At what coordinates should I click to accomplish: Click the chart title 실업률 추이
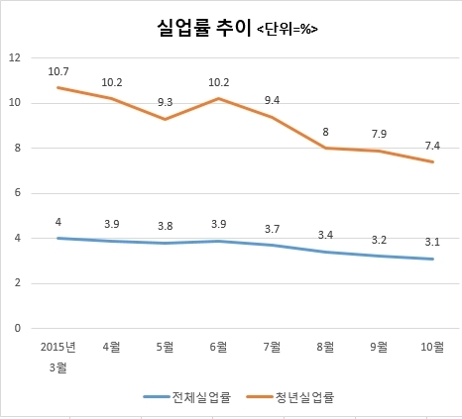pos(204,28)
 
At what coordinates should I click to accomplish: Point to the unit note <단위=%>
pos(288,30)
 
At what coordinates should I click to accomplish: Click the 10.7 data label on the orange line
pos(58,71)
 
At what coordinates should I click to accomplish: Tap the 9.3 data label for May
pos(165,102)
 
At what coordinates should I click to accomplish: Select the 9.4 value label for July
pos(272,100)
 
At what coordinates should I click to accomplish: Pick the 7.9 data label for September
pos(379,134)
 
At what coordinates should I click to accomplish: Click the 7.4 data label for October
pos(432,146)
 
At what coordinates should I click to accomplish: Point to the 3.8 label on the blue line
pos(165,226)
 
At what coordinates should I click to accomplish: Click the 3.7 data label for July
pos(272,229)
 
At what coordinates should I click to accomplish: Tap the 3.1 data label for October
pos(432,242)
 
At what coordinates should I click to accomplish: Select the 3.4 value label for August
pos(325,235)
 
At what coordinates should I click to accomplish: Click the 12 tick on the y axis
pos(15,58)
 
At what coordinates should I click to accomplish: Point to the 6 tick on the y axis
pos(18,193)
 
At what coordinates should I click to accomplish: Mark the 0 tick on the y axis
pos(18,328)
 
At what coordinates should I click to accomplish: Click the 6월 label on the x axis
pos(218,347)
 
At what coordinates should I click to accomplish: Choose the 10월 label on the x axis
pos(432,347)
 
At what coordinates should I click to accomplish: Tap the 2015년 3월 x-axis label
pos(58,358)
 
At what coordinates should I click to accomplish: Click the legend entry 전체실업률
pos(186,396)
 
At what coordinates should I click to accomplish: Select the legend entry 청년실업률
pos(290,396)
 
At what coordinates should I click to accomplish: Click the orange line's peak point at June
pos(218,98)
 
